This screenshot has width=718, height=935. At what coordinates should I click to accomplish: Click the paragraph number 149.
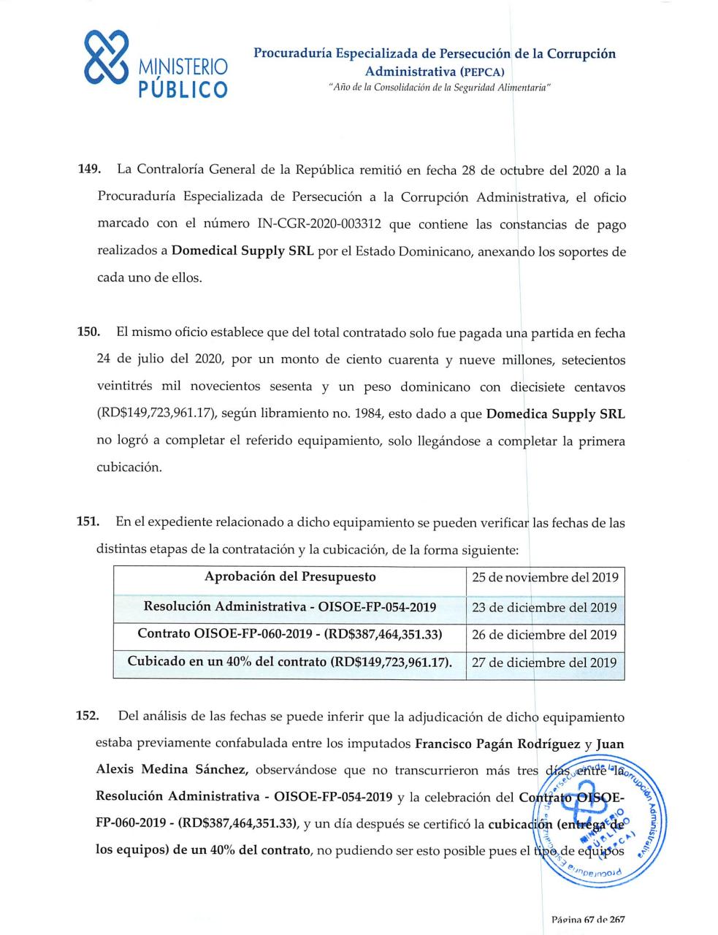(x=88, y=170)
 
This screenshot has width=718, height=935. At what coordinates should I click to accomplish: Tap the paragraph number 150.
(x=88, y=333)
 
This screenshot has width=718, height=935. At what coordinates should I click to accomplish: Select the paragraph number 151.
(x=88, y=522)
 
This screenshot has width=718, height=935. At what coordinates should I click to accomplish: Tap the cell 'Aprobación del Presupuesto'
(x=290, y=577)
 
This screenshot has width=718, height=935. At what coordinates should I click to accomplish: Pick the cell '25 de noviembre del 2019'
(x=545, y=578)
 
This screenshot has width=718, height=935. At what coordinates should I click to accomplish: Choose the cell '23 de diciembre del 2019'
(x=545, y=607)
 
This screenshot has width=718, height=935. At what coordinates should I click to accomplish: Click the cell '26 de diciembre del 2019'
(x=545, y=635)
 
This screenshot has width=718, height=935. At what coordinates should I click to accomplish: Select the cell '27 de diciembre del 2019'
(x=545, y=663)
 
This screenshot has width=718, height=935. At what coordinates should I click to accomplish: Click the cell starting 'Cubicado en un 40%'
(x=290, y=663)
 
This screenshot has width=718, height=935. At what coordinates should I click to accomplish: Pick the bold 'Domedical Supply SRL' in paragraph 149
(x=242, y=251)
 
